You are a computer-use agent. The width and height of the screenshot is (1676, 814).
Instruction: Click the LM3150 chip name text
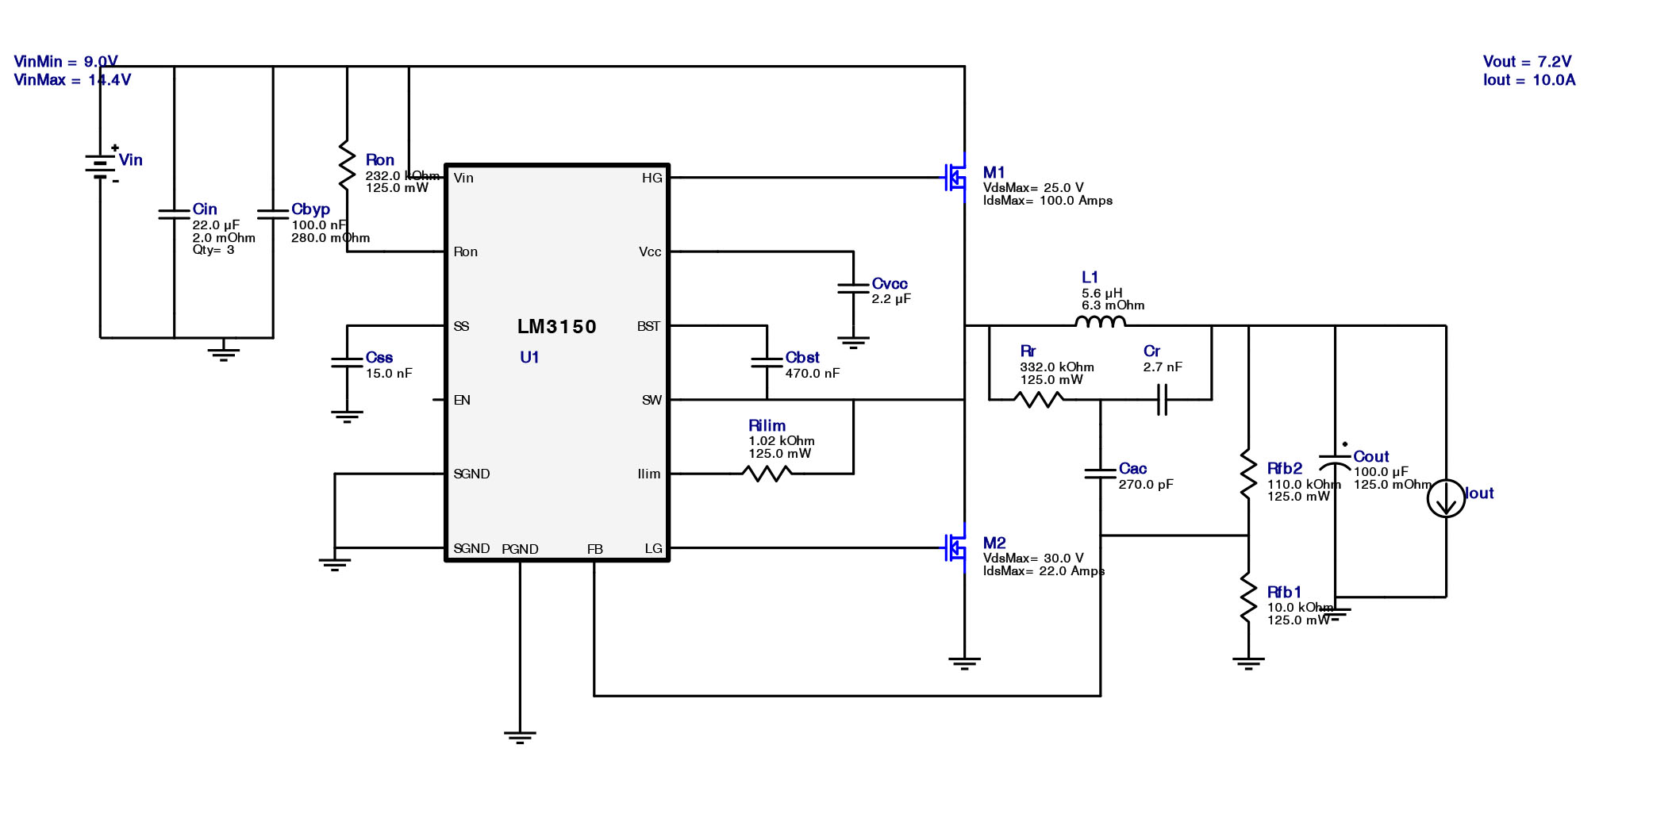[556, 326]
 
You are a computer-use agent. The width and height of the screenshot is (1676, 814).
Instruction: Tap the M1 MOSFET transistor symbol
[955, 178]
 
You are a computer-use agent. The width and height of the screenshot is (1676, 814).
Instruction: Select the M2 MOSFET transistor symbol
[955, 547]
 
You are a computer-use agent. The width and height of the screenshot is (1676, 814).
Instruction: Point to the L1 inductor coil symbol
[1100, 321]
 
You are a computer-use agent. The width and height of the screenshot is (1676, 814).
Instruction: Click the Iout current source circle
[1446, 499]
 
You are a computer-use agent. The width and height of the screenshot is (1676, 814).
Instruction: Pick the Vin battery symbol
[101, 165]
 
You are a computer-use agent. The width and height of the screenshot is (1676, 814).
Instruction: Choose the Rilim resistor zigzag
[767, 474]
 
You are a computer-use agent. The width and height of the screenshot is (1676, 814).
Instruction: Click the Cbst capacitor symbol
[767, 363]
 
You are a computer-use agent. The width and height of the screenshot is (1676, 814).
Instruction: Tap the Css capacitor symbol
[347, 363]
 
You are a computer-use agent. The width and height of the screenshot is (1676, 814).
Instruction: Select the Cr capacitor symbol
[1162, 400]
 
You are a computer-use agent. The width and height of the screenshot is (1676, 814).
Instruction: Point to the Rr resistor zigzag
[1039, 400]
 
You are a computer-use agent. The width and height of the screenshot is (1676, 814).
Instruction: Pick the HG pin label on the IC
[652, 178]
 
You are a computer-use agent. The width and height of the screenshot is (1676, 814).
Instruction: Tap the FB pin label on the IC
[594, 549]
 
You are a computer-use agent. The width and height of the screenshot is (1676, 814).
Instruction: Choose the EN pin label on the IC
[462, 400]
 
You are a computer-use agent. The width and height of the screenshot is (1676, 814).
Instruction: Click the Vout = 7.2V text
[1527, 62]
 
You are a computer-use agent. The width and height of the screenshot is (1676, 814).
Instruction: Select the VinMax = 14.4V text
[72, 80]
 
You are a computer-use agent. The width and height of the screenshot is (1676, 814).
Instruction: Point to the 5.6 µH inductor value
[1101, 293]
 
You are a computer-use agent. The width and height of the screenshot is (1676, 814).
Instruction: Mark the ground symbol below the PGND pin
[520, 737]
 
